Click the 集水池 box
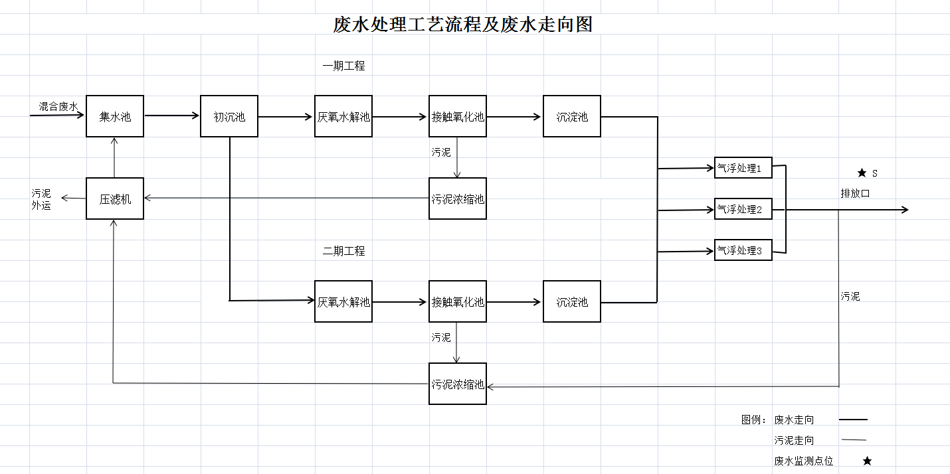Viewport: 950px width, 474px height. point(115,116)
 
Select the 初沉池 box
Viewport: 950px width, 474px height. point(229,116)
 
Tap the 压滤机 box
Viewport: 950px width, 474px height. point(115,198)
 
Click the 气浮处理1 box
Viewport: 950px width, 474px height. point(743,168)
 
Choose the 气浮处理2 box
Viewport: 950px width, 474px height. point(743,209)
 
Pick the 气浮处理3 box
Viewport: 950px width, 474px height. point(743,250)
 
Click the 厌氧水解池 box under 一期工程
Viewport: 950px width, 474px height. point(343,116)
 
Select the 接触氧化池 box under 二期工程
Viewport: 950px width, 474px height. point(458,301)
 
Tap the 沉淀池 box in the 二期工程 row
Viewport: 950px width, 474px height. point(572,301)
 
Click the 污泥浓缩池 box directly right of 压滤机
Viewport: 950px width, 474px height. point(458,198)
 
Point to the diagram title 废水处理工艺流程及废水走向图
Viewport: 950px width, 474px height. point(462,25)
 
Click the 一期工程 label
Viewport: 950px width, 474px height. point(343,66)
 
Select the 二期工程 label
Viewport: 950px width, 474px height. point(343,251)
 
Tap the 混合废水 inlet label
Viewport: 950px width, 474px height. point(58,106)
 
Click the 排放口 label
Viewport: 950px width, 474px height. point(855,193)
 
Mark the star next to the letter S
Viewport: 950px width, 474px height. point(862,173)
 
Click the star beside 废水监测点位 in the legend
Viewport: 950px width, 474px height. point(867,461)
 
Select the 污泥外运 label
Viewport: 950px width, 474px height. point(41,199)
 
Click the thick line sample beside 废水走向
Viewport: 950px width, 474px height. point(853,420)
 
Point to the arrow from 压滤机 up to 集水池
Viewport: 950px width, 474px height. point(115,157)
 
